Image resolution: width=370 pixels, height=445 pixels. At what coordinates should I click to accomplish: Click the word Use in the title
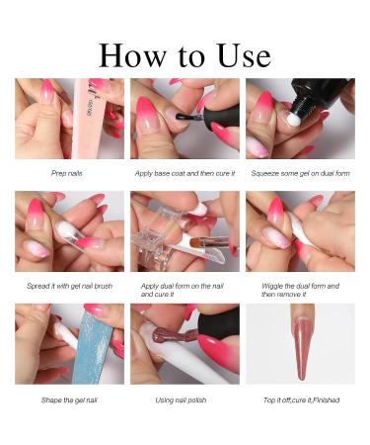click(x=244, y=56)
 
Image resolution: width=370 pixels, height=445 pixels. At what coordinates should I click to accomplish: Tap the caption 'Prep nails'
click(x=67, y=173)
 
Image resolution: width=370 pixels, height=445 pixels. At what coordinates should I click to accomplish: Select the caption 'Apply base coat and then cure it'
click(x=185, y=173)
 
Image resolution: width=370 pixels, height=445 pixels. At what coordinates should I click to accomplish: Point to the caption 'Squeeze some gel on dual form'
click(x=300, y=173)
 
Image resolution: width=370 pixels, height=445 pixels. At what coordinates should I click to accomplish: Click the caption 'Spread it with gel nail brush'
click(x=69, y=286)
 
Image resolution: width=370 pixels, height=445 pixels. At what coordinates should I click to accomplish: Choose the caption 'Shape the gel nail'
click(x=69, y=400)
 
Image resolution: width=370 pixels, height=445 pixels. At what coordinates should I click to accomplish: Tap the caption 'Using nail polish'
click(x=181, y=400)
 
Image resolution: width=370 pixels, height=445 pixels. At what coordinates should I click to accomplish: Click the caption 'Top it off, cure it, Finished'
click(x=301, y=400)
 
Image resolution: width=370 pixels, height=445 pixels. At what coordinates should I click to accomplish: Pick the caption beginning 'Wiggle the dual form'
click(x=300, y=290)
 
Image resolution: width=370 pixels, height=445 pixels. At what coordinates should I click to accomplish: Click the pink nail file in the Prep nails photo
click(x=87, y=119)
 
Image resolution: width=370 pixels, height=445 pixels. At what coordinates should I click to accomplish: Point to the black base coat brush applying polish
click(x=186, y=117)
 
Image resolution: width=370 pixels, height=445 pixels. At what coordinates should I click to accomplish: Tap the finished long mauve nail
click(x=302, y=343)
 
